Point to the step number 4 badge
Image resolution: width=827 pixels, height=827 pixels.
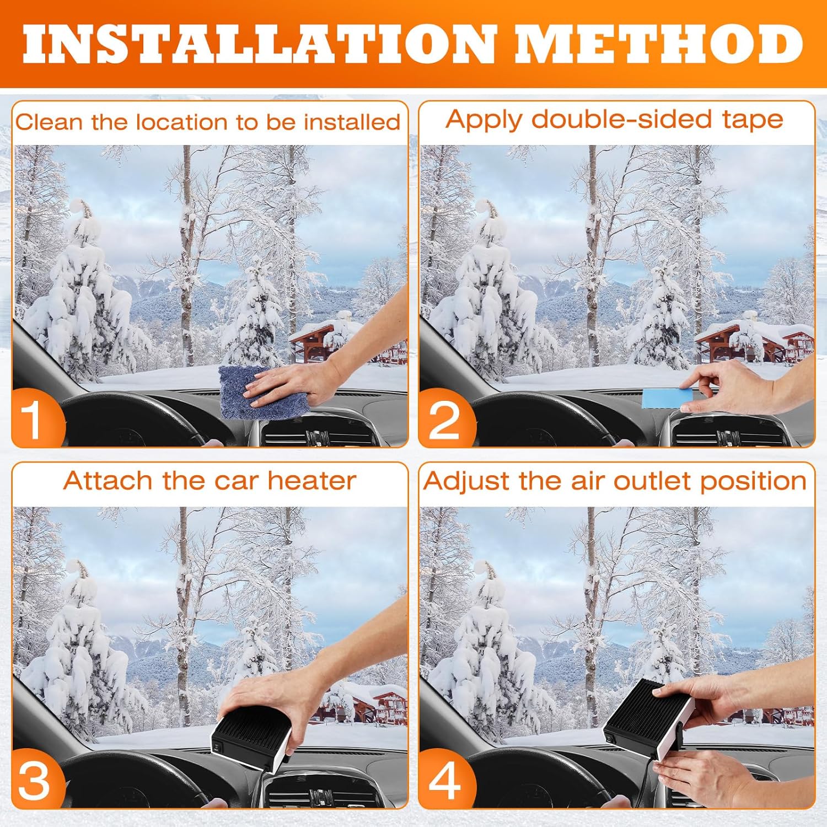pyautogui.click(x=445, y=780)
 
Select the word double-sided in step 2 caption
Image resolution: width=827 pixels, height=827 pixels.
pyautogui.click(x=621, y=120)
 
